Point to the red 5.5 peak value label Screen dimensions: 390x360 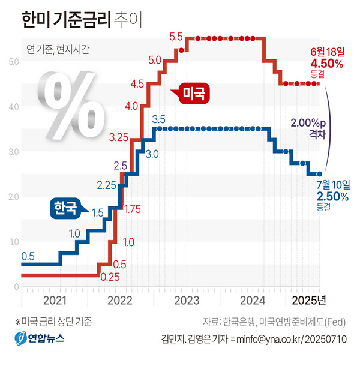(x=176, y=37)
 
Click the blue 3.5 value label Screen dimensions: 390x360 (x=159, y=118)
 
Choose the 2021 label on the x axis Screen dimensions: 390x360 (x=55, y=299)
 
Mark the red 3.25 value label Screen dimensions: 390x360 (x=119, y=137)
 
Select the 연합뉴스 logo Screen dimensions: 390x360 (x=40, y=339)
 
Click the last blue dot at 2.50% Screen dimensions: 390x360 (x=320, y=174)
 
